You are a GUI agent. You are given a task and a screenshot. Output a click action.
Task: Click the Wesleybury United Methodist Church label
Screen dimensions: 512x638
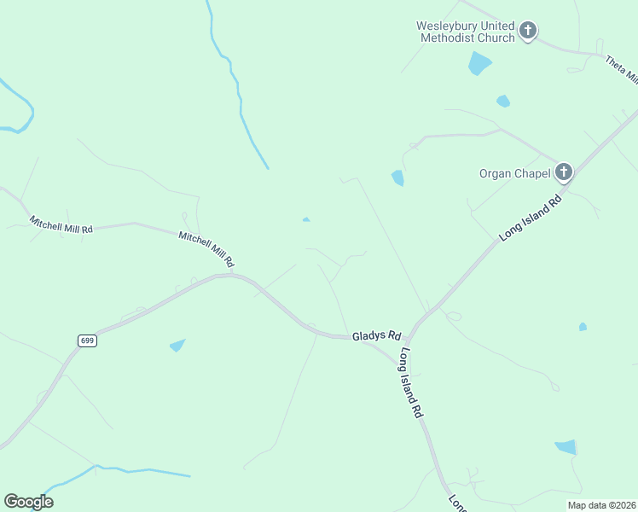tap(465, 32)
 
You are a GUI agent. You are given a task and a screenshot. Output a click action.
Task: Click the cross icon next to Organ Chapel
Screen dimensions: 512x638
tap(563, 172)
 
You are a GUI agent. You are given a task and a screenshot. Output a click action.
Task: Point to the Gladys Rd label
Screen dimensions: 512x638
tap(377, 336)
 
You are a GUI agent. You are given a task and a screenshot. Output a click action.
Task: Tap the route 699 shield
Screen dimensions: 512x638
tap(87, 340)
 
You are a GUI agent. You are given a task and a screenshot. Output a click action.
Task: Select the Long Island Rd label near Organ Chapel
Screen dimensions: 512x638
tap(531, 218)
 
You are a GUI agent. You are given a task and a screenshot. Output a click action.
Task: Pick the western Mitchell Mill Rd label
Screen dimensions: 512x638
tap(61, 224)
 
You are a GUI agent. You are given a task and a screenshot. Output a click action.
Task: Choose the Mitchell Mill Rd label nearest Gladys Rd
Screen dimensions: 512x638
tap(206, 247)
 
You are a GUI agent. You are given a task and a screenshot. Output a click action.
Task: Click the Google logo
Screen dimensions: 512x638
tap(29, 502)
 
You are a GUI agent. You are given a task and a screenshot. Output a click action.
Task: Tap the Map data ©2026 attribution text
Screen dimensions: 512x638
tap(600, 505)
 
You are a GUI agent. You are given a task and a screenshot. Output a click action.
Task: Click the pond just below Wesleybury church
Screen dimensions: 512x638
tap(479, 62)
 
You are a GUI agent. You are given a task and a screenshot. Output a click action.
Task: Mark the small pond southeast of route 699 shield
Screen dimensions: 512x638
tap(177, 345)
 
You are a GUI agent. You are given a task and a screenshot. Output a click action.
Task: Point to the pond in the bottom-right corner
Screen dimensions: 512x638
tap(566, 447)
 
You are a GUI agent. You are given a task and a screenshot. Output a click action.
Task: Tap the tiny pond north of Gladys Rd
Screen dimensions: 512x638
tap(306, 219)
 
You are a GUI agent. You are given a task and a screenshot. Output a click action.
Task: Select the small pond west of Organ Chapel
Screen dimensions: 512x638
tap(397, 177)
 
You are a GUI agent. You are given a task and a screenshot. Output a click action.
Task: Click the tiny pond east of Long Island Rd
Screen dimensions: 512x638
tap(583, 326)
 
